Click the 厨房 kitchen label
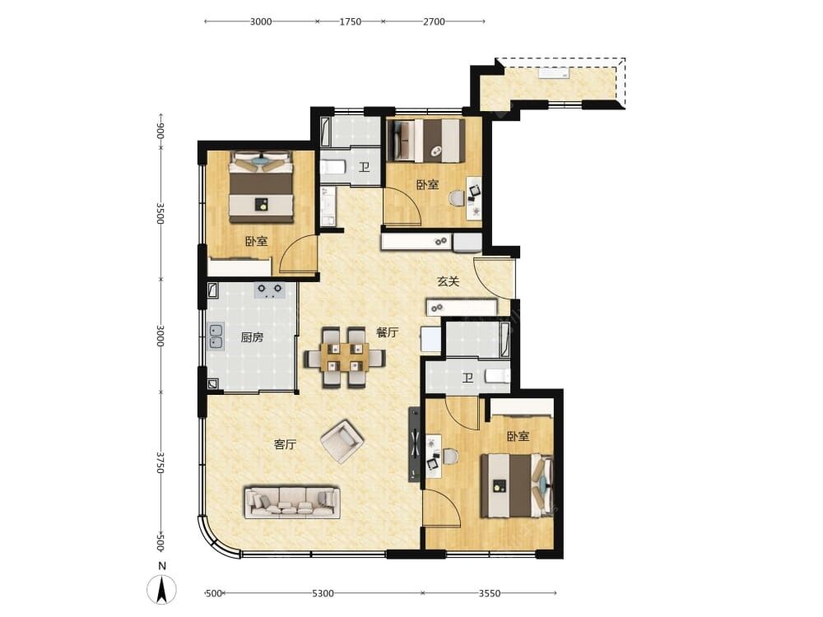coord(252,337)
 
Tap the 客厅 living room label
coord(286,445)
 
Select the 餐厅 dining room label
coord(388,332)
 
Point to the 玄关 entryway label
coord(449,281)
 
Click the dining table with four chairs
coord(344,358)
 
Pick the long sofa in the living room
coord(292,502)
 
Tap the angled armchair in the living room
coord(342,441)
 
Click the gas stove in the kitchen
coord(269,290)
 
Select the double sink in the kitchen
coord(216,336)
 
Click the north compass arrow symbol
coord(162,589)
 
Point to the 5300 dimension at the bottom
coord(323,593)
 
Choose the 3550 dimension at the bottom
coord(489,593)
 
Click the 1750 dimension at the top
coord(350,21)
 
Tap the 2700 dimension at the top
coord(434,21)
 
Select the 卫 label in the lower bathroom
coord(467,378)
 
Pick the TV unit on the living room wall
coord(415,444)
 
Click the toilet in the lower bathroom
coord(497,376)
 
